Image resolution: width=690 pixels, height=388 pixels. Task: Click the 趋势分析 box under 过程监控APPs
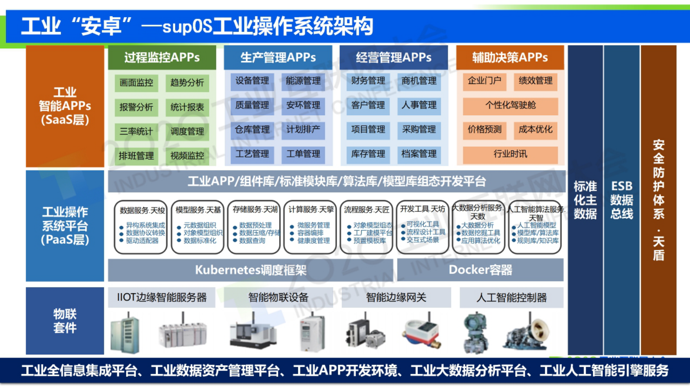(187, 83)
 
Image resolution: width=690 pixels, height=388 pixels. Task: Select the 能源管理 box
(303, 81)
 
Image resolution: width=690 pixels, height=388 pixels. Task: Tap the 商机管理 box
(419, 81)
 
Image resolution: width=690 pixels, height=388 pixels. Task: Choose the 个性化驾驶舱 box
(510, 105)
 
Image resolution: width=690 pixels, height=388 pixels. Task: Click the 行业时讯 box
(510, 154)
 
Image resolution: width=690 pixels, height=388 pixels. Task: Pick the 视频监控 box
(187, 156)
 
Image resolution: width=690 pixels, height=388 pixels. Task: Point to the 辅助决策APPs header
(510, 57)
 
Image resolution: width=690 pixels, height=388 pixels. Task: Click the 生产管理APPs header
(278, 57)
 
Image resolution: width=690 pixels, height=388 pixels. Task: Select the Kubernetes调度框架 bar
(250, 270)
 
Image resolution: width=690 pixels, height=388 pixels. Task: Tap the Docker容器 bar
(480, 270)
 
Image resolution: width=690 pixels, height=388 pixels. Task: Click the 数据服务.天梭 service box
(141, 227)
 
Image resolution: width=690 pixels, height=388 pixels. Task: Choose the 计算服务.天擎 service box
(310, 227)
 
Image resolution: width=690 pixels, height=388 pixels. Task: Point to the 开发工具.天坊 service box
(422, 227)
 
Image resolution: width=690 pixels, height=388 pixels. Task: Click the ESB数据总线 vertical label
(621, 200)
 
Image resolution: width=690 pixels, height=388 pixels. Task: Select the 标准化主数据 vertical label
(585, 200)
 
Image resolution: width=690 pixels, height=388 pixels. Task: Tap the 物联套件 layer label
(65, 321)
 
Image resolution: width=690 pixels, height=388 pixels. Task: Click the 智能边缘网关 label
(396, 298)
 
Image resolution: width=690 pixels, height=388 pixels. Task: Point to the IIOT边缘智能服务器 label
(162, 298)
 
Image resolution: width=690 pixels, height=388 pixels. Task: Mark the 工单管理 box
(303, 154)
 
